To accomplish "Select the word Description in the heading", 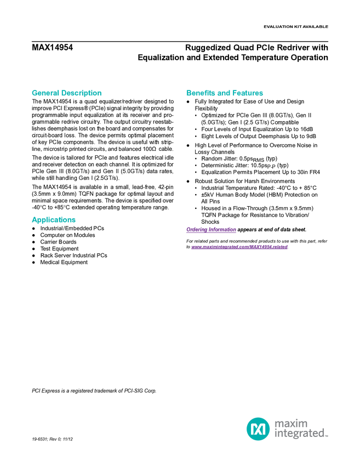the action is click(x=82, y=93).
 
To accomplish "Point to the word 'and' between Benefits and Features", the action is click(x=224, y=93).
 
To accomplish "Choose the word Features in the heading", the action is click(x=248, y=93).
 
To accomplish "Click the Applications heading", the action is click(x=54, y=220).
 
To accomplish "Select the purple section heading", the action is click(x=211, y=230).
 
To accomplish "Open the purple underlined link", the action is click(x=239, y=247).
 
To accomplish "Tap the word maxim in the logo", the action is click(x=291, y=423).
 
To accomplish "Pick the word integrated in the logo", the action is click(x=299, y=434).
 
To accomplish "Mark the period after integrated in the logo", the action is click(x=328, y=436).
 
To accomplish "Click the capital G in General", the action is click(x=33, y=93).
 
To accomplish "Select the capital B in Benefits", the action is click(x=188, y=93).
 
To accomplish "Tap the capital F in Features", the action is click(x=235, y=93).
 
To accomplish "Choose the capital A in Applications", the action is click(x=33, y=220).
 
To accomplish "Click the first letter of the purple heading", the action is click(x=188, y=230).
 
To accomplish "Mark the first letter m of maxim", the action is click(x=278, y=423).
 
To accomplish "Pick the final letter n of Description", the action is click(x=100, y=93).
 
